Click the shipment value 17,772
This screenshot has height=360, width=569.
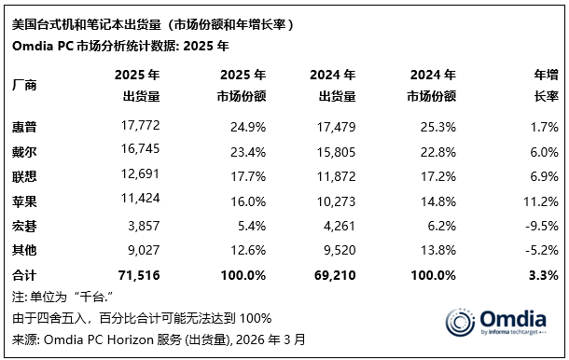[136, 124]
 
